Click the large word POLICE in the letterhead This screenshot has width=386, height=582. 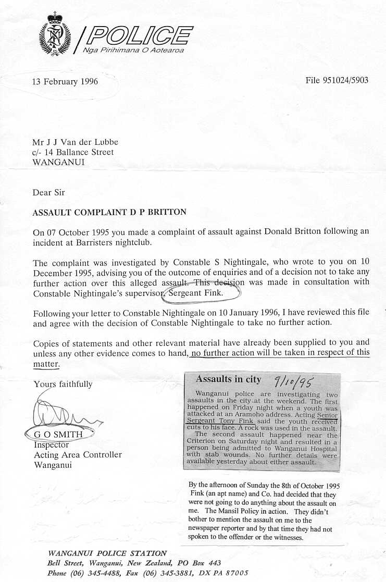point(139,35)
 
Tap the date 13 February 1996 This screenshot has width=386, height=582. point(65,81)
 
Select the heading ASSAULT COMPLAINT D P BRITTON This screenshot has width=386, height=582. point(109,212)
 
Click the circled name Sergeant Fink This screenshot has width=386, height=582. point(200,293)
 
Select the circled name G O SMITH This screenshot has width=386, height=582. point(58,432)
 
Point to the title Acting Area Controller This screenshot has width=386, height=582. point(78,455)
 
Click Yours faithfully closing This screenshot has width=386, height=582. point(63,384)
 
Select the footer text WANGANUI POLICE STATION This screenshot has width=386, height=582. point(107,553)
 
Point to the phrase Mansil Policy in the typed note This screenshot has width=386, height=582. point(229,512)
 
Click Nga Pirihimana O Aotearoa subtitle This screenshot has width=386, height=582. point(133,50)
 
